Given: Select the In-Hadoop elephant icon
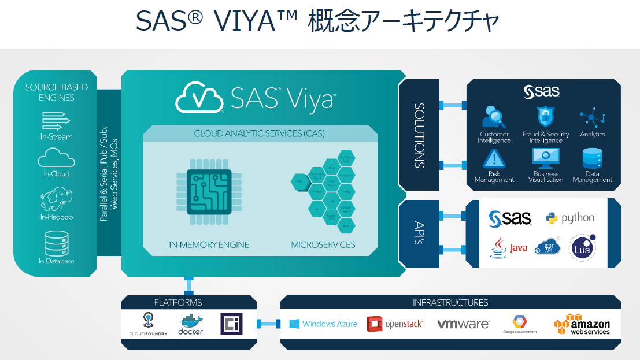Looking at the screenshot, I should click(x=56, y=199).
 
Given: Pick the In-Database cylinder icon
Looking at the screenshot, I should click(x=56, y=243).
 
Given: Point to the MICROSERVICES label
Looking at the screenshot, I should click(x=323, y=244).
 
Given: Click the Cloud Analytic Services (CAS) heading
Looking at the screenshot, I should click(x=259, y=133).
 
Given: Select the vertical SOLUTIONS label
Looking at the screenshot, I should click(x=420, y=136).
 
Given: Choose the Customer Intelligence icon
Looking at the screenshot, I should click(x=494, y=117).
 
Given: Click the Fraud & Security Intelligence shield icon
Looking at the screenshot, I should click(x=545, y=117).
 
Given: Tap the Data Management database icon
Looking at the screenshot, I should click(x=592, y=158).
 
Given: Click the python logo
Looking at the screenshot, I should click(x=569, y=218).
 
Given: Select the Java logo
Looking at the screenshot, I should click(x=509, y=247).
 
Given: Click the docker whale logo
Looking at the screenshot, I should click(x=190, y=325).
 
